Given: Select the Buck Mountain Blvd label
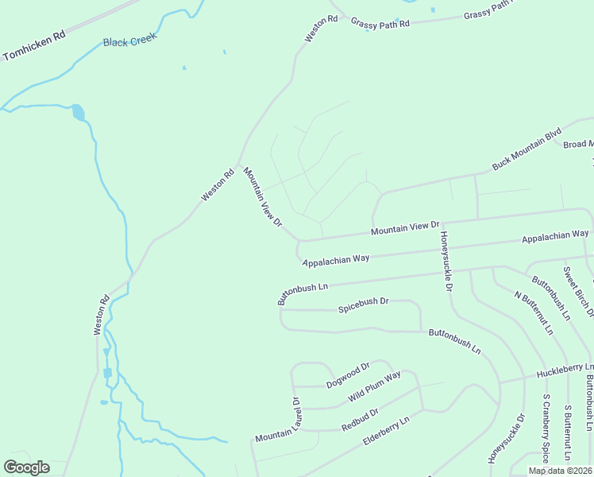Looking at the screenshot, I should coord(526,148).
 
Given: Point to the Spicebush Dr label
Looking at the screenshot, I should coord(363,303).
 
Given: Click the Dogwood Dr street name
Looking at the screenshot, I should coord(348,375).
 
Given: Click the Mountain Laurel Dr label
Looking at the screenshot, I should coord(276,421).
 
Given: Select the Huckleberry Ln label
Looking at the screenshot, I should coord(565,370).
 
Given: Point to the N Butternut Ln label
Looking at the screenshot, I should coord(534,312).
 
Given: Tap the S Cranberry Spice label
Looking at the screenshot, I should coord(546,429).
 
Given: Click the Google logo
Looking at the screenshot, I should coord(26,467).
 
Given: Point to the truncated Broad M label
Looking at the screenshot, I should coord(578,145).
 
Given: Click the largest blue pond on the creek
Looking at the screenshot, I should coord(78,112).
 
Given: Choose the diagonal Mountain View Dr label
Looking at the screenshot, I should coord(263,196).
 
